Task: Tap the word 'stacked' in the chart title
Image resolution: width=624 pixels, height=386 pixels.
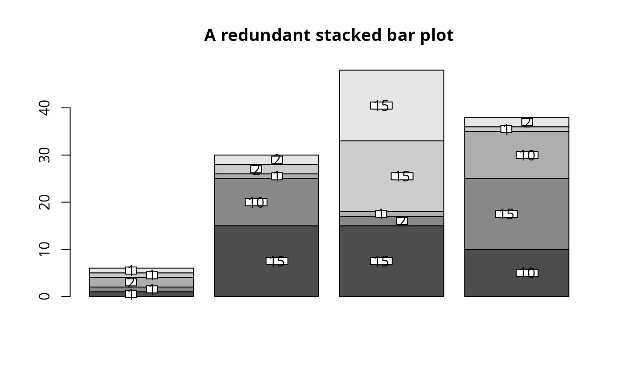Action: (344, 36)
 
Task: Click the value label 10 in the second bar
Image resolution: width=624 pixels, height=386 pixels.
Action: (256, 202)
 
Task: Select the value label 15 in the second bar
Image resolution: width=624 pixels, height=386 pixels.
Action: (277, 261)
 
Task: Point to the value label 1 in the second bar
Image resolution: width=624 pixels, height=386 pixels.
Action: (277, 176)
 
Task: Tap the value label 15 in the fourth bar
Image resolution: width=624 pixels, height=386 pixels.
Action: (506, 214)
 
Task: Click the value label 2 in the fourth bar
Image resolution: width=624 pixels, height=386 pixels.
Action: (527, 122)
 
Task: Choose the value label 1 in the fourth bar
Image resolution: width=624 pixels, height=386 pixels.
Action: (506, 129)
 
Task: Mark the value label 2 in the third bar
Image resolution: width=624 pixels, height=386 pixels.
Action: (402, 221)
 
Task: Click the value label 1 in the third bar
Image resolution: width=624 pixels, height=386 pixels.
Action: (381, 214)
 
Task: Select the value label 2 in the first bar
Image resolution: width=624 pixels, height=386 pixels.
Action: (131, 282)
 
